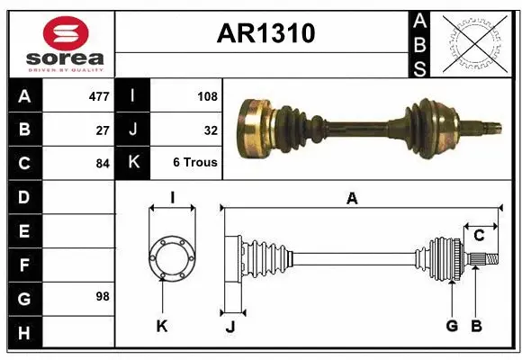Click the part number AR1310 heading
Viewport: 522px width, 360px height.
[265, 33]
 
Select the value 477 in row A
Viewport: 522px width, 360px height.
[99, 95]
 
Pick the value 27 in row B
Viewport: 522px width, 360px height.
[103, 129]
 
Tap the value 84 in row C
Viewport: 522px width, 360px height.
[103, 163]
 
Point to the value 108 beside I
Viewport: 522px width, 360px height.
[206, 95]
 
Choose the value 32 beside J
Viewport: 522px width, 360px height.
[211, 129]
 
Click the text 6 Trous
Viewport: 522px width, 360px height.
[195, 163]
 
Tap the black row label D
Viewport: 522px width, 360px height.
[23, 196]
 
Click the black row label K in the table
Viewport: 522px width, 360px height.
[132, 163]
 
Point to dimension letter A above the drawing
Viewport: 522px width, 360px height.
[352, 198]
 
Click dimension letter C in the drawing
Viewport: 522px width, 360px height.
[479, 236]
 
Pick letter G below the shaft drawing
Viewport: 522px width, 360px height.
[452, 326]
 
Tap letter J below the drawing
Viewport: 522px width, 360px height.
[229, 327]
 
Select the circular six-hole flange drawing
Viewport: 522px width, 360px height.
[171, 258]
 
